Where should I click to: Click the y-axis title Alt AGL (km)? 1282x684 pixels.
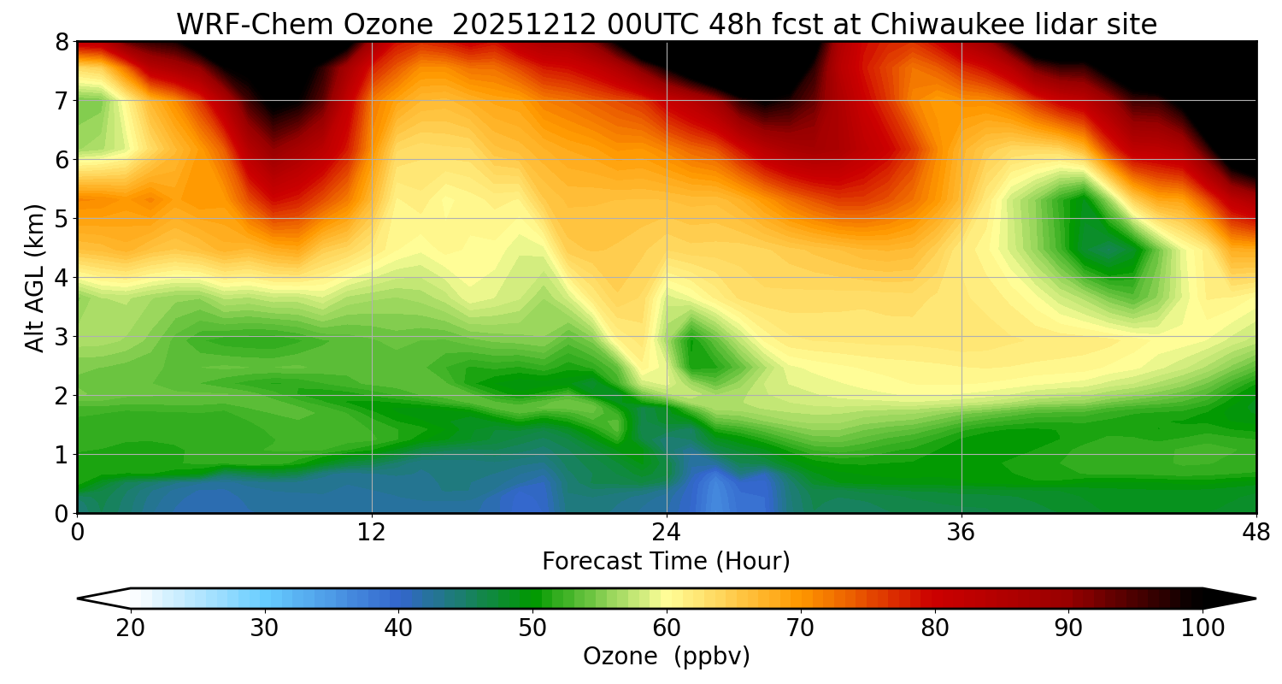[35, 277]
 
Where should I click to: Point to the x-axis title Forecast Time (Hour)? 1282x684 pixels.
[666, 562]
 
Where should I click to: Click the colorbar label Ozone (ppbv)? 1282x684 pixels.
[666, 656]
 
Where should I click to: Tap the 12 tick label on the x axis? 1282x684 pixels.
[372, 532]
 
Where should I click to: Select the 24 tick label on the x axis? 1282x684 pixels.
[667, 532]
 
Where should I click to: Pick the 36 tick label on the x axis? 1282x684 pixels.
[961, 532]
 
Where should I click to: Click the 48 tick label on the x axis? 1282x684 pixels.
[1256, 532]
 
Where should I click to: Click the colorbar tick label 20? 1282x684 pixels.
[131, 628]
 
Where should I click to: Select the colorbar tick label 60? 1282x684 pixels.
[667, 628]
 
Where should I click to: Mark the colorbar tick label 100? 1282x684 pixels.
[1203, 628]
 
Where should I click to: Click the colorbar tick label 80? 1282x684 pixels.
[935, 628]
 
